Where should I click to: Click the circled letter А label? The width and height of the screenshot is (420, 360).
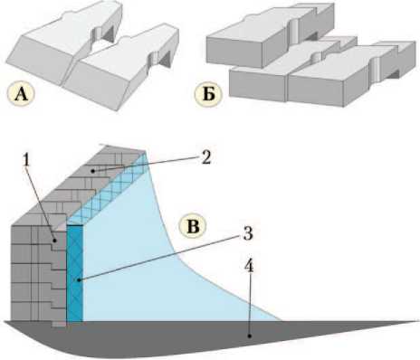click(x=21, y=94)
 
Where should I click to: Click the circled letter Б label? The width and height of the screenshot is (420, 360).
click(x=208, y=94)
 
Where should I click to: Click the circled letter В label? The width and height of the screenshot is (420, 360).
click(x=193, y=226)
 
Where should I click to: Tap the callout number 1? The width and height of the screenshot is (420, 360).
click(x=27, y=161)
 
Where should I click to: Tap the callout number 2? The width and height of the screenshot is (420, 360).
click(x=206, y=157)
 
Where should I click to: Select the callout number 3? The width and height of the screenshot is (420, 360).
click(x=248, y=233)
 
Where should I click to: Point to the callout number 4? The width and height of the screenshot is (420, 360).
click(x=248, y=267)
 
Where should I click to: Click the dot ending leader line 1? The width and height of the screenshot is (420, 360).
click(x=54, y=241)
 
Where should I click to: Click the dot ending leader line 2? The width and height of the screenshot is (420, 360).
click(x=94, y=171)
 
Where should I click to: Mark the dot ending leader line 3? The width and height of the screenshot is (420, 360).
click(x=79, y=280)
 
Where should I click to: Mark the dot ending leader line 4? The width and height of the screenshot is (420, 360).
click(x=249, y=336)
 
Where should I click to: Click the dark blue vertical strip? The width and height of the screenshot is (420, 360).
click(x=74, y=273)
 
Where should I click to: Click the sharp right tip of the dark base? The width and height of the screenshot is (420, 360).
click(x=419, y=321)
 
